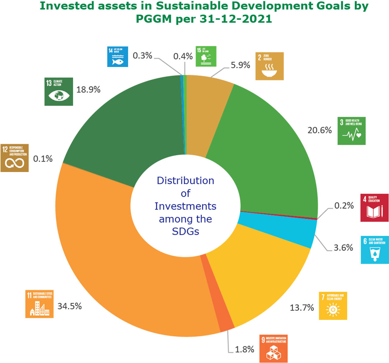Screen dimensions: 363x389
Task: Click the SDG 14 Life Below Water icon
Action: coord(118,56)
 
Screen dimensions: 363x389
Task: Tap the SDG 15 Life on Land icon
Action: coord(206,56)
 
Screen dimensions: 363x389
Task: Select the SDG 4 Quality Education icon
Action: coord(374,207)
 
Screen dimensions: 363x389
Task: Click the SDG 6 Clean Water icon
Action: coord(374,250)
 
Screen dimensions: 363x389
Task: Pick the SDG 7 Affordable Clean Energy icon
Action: coord(333,306)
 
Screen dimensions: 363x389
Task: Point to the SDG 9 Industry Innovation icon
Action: coord(274,348)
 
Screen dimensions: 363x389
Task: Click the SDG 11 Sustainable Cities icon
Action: coord(39,304)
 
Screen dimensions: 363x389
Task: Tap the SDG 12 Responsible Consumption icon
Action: coord(14,158)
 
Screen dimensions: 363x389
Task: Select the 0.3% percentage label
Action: coord(142,55)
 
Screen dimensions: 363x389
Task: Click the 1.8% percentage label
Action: coord(245,349)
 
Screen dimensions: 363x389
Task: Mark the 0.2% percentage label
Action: coord(344,206)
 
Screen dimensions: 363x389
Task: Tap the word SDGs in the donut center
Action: coord(185,231)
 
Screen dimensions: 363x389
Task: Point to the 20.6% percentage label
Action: coord(319,130)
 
